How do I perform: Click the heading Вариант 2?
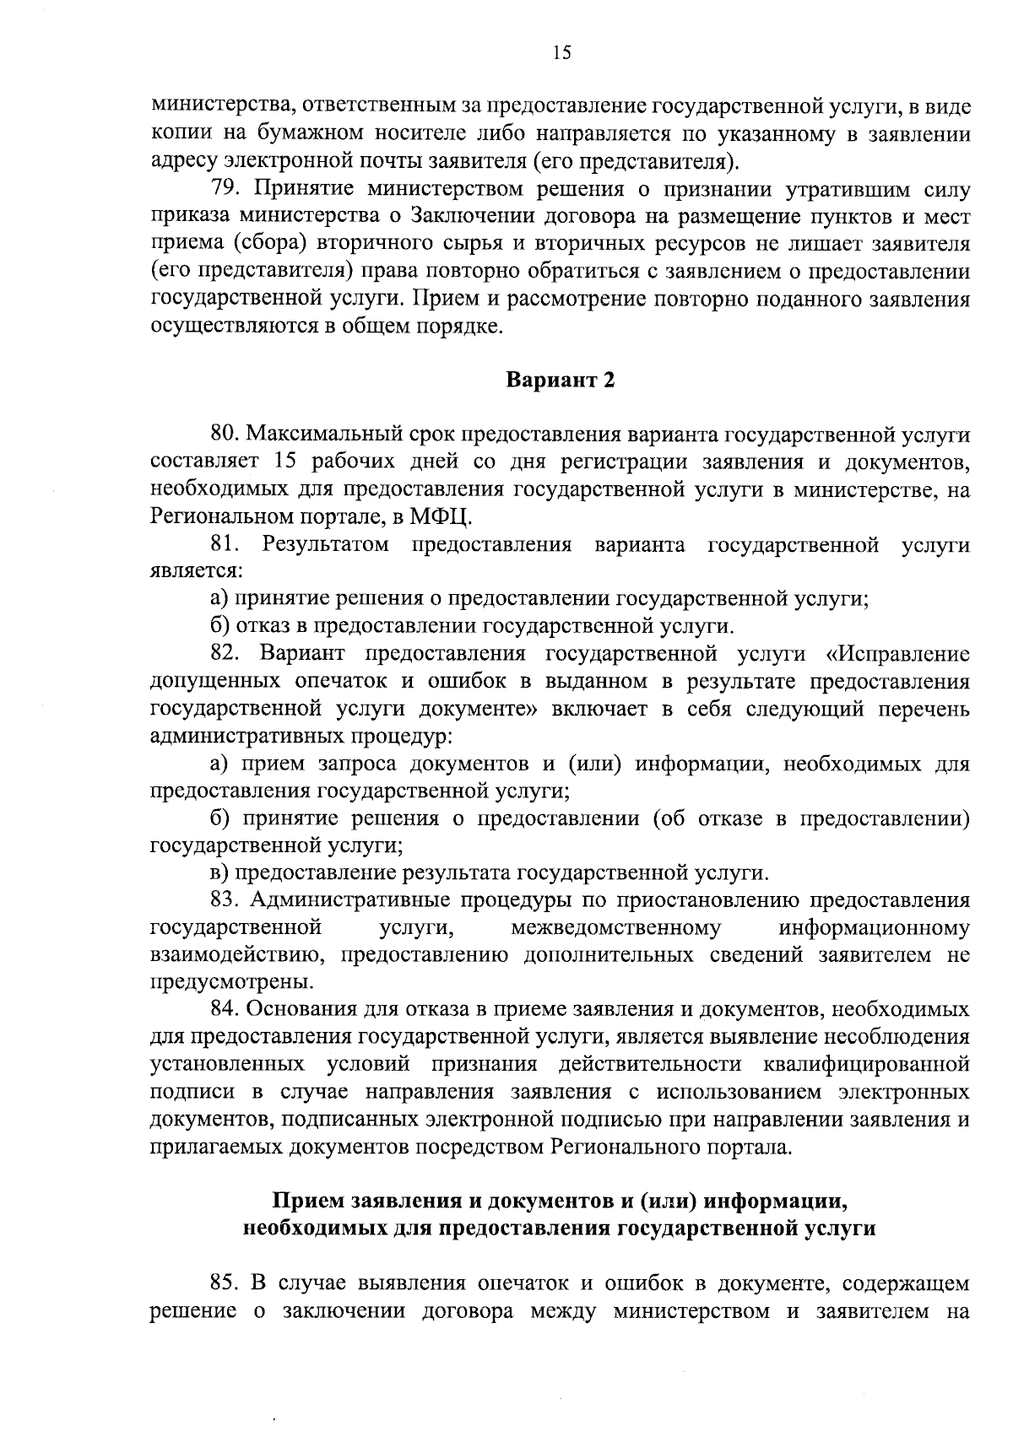[x=560, y=381]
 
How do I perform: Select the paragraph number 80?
[x=225, y=435]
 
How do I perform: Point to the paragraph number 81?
[x=224, y=544]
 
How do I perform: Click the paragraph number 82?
[x=224, y=654]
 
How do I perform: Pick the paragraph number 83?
[x=225, y=900]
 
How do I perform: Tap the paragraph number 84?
[x=225, y=1010]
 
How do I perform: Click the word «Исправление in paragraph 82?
[x=899, y=654]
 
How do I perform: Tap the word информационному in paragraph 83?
[x=875, y=928]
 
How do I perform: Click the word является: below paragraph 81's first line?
[x=196, y=572]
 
